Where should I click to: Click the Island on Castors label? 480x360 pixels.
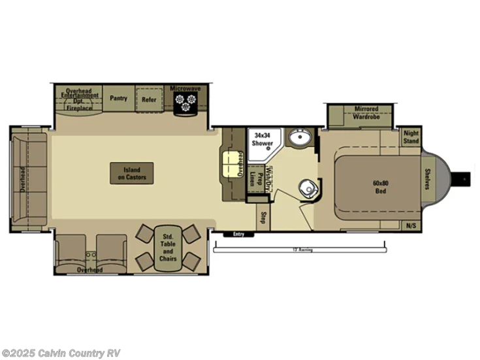tap(132, 173)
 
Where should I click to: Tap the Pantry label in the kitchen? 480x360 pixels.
tap(118, 98)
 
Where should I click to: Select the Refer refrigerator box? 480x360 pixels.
tap(149, 99)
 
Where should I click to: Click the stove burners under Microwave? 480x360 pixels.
tap(185, 102)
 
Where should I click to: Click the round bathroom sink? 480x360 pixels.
tap(300, 137)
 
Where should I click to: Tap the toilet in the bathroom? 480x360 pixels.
tap(309, 189)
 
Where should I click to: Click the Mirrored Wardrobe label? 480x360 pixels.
tap(366, 112)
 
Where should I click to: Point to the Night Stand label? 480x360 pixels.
tap(411, 137)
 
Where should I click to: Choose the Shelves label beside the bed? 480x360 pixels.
tap(426, 178)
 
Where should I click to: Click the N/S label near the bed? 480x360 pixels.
tap(411, 226)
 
